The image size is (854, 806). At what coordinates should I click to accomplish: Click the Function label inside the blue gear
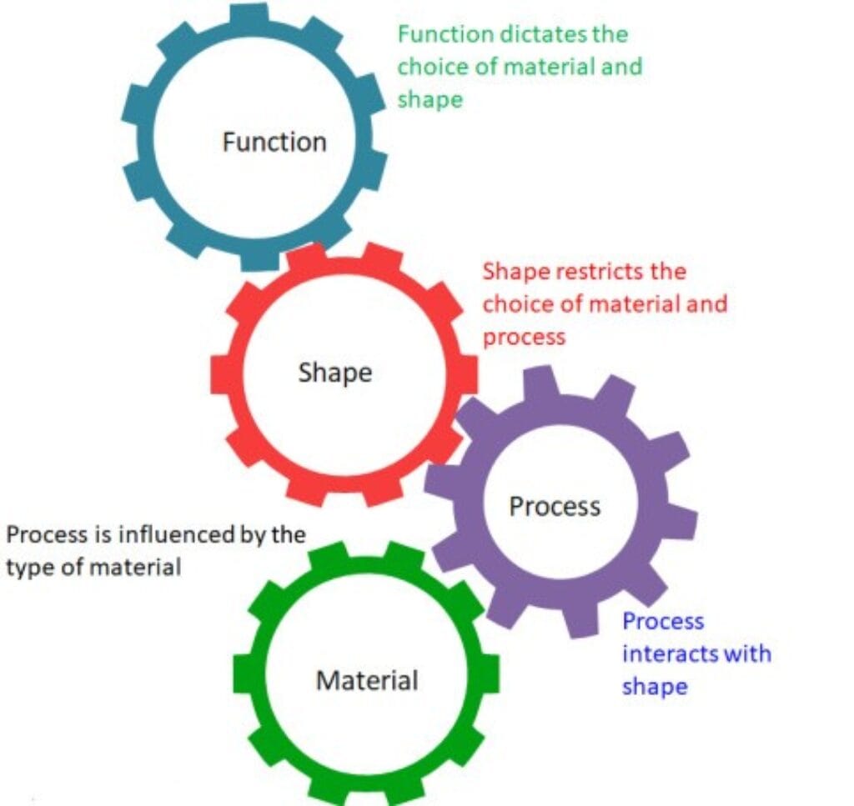coord(274,142)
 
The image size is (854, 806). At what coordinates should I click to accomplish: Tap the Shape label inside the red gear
coord(334,372)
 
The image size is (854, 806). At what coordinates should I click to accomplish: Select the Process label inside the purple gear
coord(555,505)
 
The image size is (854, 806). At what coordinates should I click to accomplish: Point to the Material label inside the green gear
coord(367,680)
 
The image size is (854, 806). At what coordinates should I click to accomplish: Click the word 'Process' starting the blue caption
coord(663,622)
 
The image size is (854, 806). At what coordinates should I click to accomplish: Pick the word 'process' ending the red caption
coord(524,337)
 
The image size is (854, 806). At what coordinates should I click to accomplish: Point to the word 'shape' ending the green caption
coord(429,99)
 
